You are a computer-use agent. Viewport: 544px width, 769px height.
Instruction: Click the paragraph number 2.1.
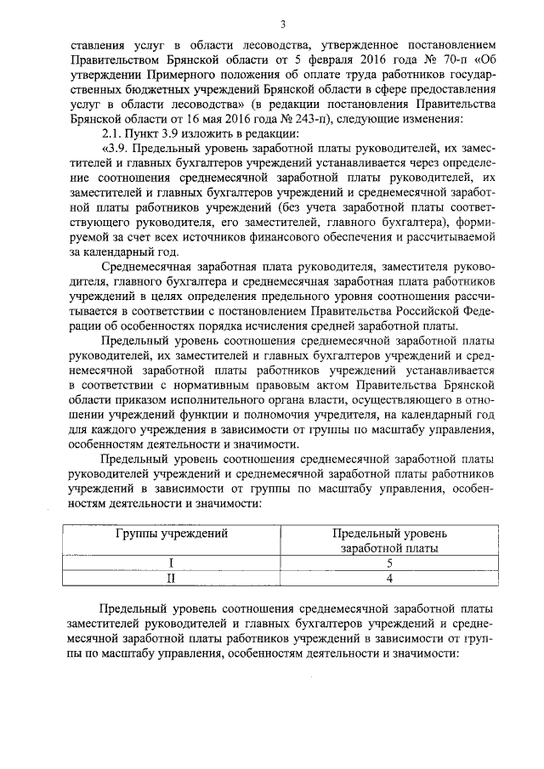pos(112,135)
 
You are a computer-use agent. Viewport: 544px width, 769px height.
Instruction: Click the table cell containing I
pos(172,563)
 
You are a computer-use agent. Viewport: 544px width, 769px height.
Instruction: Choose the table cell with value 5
pos(388,563)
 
